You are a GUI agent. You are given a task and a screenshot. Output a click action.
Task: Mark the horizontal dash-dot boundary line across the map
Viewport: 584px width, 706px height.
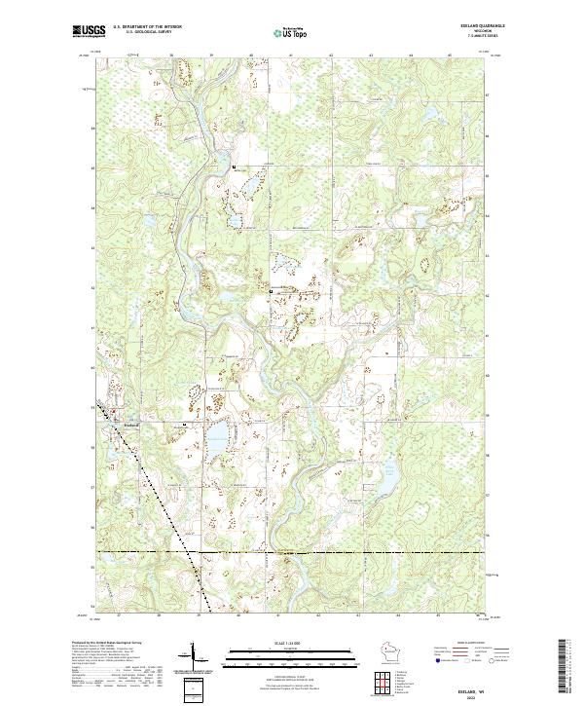click(x=341, y=552)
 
